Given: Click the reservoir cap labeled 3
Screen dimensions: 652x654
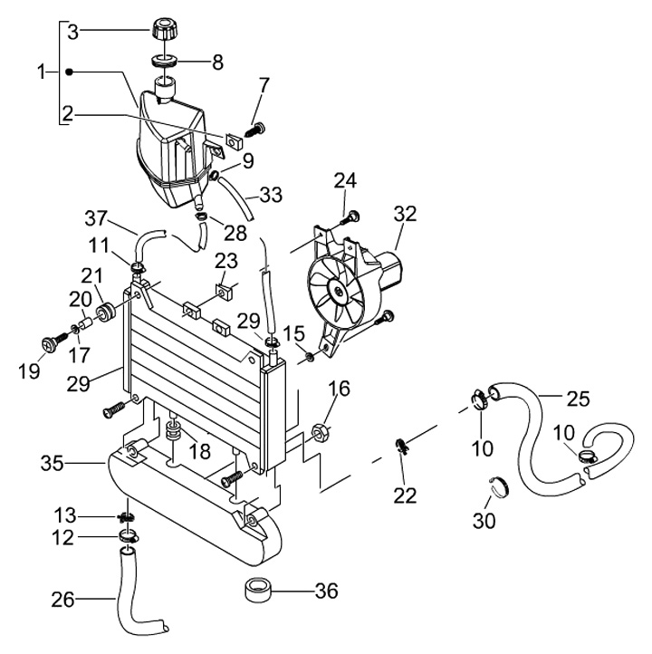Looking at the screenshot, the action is tap(164, 28).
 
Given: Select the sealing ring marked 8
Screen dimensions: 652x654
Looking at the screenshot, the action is tap(164, 61).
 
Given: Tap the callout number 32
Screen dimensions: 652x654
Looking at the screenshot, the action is tap(405, 214).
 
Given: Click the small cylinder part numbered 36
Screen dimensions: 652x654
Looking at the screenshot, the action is tap(257, 590).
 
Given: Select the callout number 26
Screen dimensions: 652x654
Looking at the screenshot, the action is tap(62, 600).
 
